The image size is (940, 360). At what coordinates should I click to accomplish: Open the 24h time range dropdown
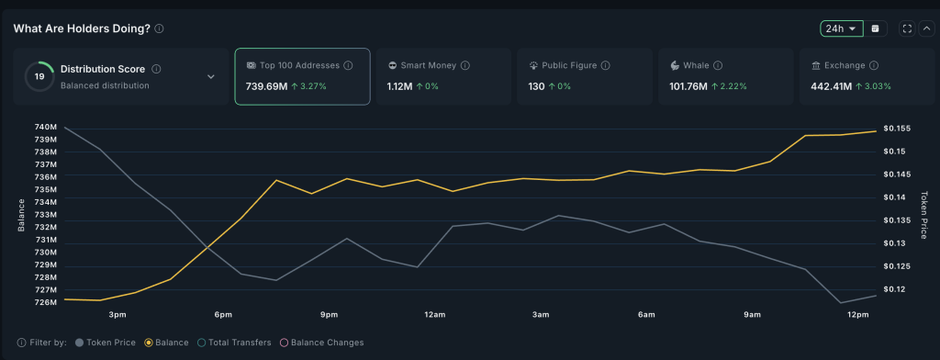coord(841,28)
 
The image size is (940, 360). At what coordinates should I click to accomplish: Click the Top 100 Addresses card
coord(302,76)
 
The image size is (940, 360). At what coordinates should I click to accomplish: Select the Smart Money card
coord(442,76)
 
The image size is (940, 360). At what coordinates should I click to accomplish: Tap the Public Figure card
coord(584,76)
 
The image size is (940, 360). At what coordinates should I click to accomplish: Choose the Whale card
coord(725,76)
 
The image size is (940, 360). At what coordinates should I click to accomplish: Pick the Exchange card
coord(867,76)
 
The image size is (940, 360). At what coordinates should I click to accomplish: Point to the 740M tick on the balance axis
coord(45,127)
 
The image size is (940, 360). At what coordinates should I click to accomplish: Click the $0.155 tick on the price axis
coord(895,129)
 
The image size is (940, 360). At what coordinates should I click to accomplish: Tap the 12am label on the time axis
coord(434,315)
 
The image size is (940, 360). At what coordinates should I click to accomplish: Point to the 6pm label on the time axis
coord(223,315)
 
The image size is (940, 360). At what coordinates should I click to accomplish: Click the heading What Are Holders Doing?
coord(82,28)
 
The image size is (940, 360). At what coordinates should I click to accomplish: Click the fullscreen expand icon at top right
coord(907,28)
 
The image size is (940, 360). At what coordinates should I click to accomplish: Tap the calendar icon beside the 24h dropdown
coord(875,28)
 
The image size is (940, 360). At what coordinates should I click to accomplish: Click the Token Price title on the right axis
coord(925,213)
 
